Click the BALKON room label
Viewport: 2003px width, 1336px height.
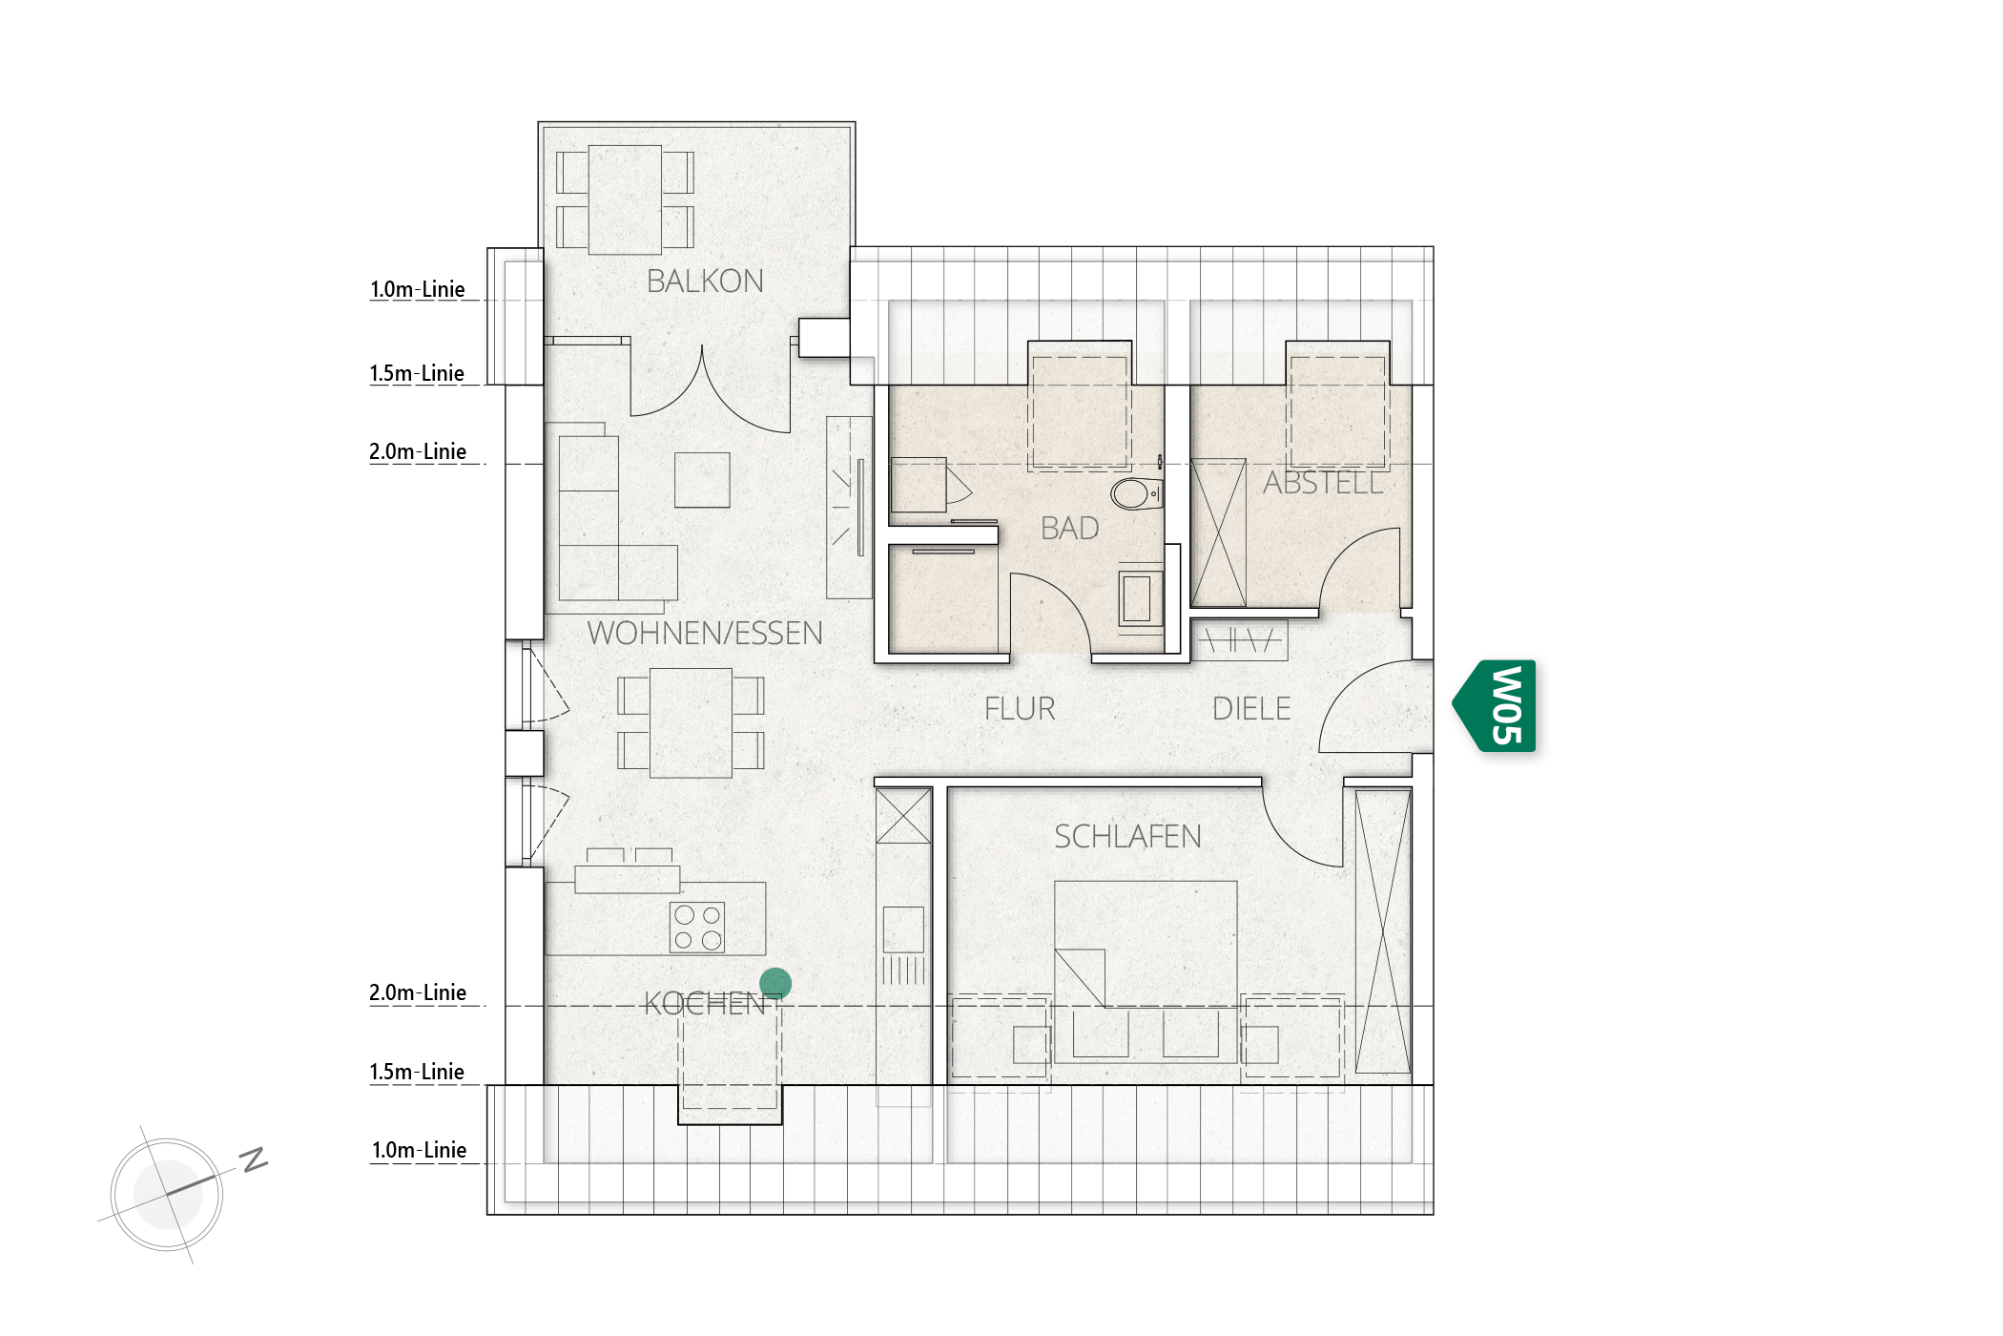coord(705,282)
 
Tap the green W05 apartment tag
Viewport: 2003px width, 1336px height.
coord(1496,706)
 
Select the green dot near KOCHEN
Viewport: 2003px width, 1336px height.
coord(775,983)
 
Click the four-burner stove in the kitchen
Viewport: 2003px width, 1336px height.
coord(697,928)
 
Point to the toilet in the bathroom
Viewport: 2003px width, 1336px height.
coord(1136,494)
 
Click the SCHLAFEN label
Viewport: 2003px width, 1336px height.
coord(1127,837)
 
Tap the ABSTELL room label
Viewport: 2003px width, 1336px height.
coord(1323,483)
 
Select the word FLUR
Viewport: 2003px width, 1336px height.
coord(1020,709)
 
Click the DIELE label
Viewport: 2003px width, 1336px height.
coord(1251,709)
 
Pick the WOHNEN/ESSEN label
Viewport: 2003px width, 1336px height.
coord(705,634)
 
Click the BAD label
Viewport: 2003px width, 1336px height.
coord(1069,529)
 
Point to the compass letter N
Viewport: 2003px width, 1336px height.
coord(254,1159)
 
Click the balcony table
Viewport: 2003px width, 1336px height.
coord(625,199)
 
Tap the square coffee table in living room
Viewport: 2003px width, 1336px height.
coord(702,480)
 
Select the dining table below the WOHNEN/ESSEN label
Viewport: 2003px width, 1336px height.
coord(692,722)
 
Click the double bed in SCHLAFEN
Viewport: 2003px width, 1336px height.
coord(1146,971)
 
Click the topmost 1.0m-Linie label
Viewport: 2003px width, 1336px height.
coord(418,289)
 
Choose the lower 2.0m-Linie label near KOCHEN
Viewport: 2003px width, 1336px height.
coord(418,992)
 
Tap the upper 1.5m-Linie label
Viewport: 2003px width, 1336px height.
coord(417,373)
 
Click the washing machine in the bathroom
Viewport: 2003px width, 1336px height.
coord(1140,598)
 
